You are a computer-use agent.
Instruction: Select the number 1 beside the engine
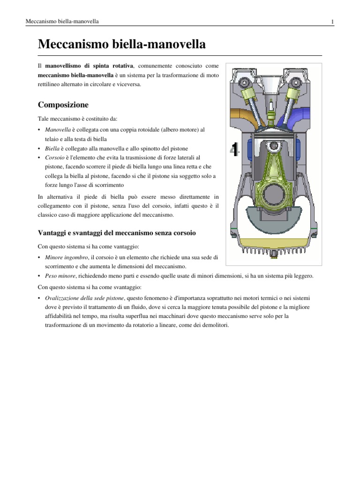tap(234, 150)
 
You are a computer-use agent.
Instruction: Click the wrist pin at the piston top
tap(270, 146)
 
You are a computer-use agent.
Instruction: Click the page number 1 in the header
tap(332, 22)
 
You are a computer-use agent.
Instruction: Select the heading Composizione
tap(63, 105)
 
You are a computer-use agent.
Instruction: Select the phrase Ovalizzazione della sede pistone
tap(87, 298)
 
